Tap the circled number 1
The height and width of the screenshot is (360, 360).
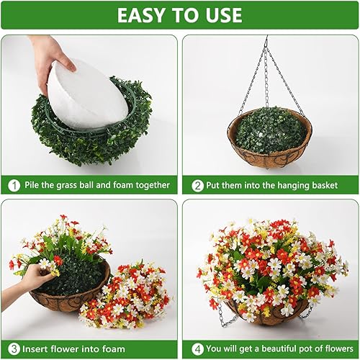click(14, 185)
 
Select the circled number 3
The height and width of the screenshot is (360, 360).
click(14, 349)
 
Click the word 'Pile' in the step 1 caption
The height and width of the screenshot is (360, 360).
click(34, 185)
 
